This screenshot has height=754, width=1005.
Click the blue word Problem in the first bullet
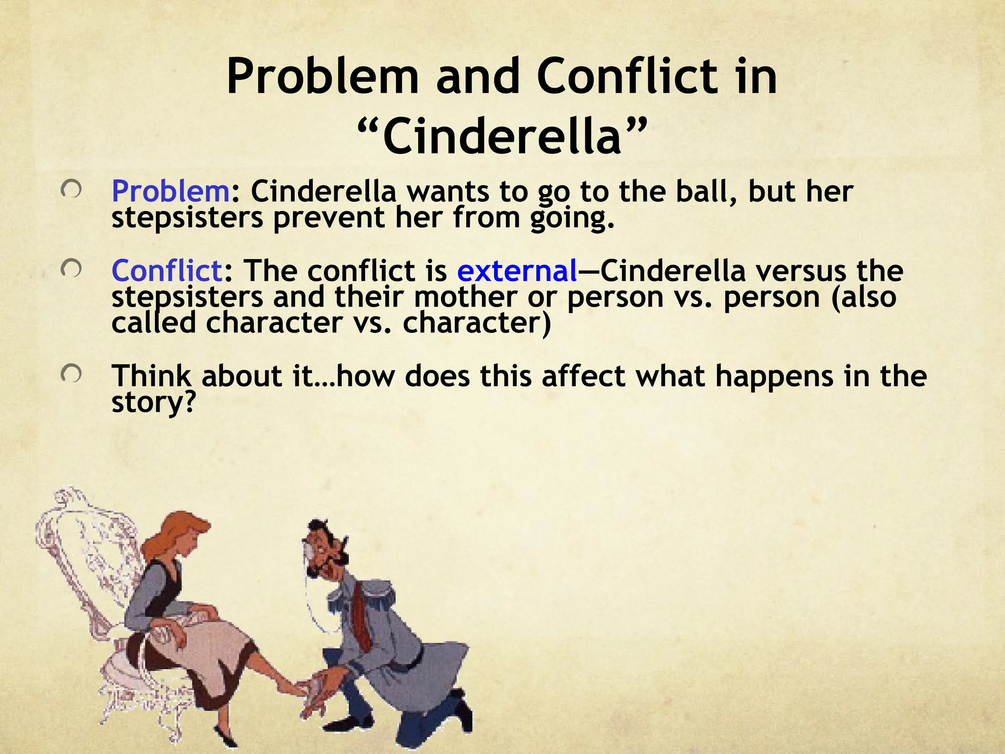170,191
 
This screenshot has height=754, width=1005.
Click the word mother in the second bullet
465,297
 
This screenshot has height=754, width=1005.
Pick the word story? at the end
154,403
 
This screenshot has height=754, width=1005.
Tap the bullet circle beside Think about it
71,376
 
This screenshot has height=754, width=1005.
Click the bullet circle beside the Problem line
71,191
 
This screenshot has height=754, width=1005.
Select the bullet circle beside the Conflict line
71,270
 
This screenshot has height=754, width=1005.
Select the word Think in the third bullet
150,376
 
